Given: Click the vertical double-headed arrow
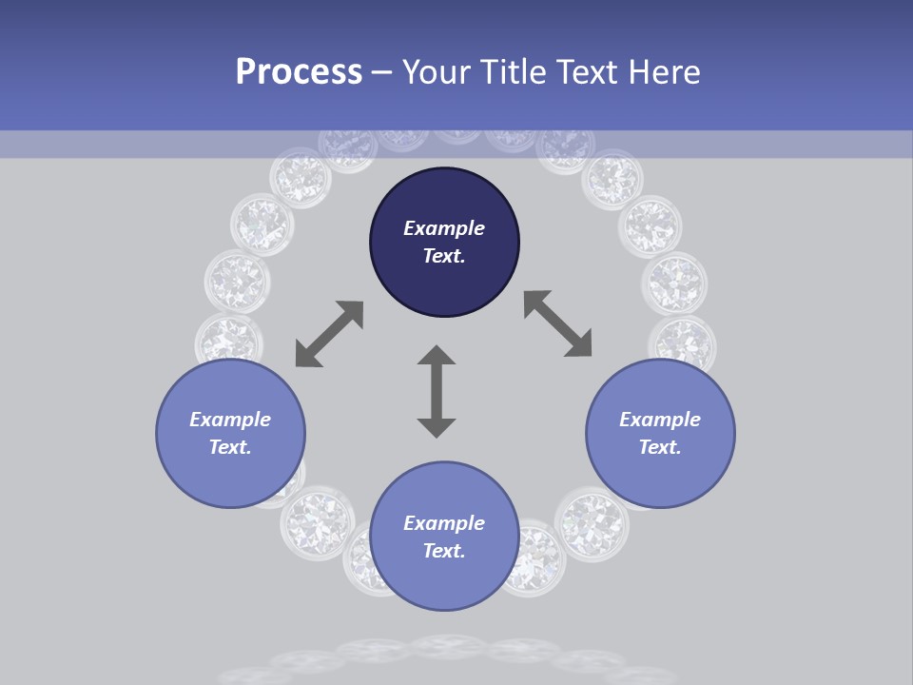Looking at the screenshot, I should coord(437,391).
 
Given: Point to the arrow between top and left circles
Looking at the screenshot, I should coord(329,334).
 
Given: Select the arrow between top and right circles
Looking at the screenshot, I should coord(557,323).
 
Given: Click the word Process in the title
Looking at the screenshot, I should coord(299,71).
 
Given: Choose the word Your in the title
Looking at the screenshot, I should coord(434,71).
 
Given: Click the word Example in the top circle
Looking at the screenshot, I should coord(444,228).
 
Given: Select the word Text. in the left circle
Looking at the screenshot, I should coord(230,447).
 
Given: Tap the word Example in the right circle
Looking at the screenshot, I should coord(660,420).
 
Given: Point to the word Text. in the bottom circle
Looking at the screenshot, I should coord(444,551).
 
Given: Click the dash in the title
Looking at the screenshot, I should coord(382,72).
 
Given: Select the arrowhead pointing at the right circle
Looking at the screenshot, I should coord(579,345).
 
